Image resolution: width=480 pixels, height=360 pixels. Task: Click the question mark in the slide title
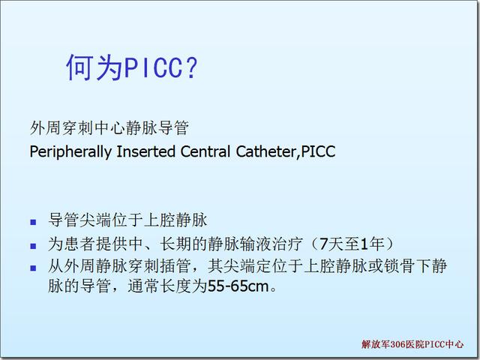pyautogui.click(x=191, y=67)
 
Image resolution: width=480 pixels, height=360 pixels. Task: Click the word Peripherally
pyautogui.click(x=70, y=151)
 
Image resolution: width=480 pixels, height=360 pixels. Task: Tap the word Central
pyautogui.click(x=205, y=151)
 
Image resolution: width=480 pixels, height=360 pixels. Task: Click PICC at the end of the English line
pyautogui.click(x=318, y=151)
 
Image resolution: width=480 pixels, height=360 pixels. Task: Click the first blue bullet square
pyautogui.click(x=33, y=222)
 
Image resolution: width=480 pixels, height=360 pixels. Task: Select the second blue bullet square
pyautogui.click(x=33, y=246)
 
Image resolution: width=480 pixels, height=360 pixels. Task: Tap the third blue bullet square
pyautogui.click(x=33, y=268)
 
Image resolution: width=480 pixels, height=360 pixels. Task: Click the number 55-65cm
pyautogui.click(x=238, y=286)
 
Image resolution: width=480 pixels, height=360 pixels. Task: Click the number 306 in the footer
pyautogui.click(x=397, y=344)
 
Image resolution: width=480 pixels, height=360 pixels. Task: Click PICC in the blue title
pyautogui.click(x=153, y=67)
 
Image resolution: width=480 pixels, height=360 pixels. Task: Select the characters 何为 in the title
pyautogui.click(x=95, y=67)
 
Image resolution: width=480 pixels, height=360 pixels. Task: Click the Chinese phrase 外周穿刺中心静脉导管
pyautogui.click(x=109, y=127)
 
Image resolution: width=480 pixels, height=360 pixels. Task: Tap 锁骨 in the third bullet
pyautogui.click(x=399, y=265)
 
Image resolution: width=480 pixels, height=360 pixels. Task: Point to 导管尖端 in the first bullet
pyautogui.click(x=80, y=220)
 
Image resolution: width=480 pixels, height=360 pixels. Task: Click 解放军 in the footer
pyautogui.click(x=376, y=344)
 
